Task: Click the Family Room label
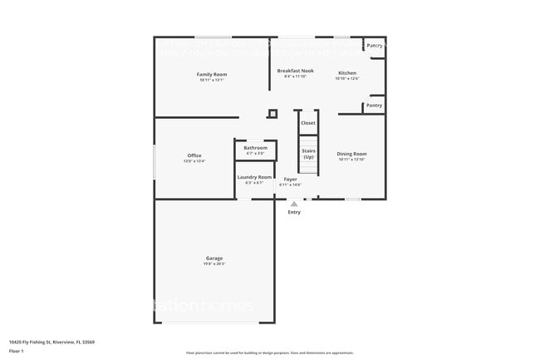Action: click(212, 74)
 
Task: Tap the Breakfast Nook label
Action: click(295, 72)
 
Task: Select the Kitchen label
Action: click(346, 73)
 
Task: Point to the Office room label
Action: click(194, 155)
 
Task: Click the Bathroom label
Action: click(255, 148)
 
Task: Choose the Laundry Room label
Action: click(254, 177)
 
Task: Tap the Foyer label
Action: click(290, 179)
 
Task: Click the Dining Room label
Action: click(351, 154)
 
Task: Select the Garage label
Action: click(214, 259)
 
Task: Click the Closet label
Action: click(308, 123)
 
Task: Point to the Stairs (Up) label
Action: click(308, 154)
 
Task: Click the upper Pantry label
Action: click(375, 46)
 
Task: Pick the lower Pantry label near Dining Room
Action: click(375, 106)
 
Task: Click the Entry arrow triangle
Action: click(294, 203)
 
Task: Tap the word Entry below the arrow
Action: click(294, 212)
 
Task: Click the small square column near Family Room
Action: click(272, 114)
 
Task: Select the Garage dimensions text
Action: click(214, 264)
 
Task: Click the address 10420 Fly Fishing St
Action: click(52, 341)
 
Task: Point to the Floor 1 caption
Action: click(17, 351)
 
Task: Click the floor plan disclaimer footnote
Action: click(269, 353)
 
